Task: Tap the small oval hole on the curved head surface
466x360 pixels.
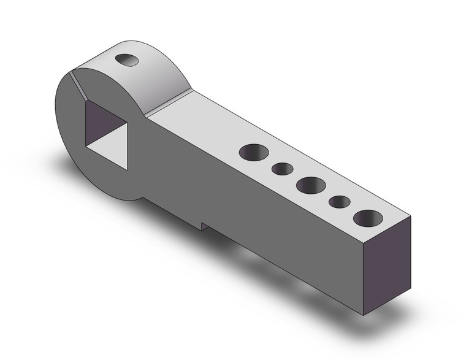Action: tap(128, 59)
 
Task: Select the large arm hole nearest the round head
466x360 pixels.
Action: tap(254, 152)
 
